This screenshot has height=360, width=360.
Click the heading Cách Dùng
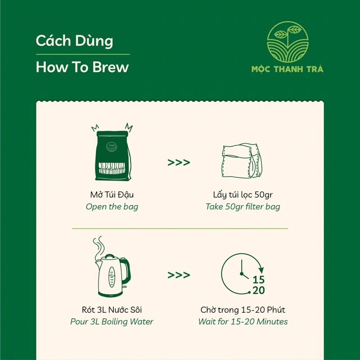point(74,41)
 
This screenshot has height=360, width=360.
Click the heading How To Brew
point(82,67)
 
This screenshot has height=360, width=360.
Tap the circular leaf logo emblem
point(288,42)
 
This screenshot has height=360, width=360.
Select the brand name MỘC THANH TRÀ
point(287,69)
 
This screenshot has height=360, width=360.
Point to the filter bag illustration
point(242,161)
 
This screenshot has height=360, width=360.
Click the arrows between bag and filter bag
point(179,162)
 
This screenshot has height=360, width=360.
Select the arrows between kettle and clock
point(179,275)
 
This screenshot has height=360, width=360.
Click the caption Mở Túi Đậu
point(112,195)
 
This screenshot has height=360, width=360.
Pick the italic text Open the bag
point(112,207)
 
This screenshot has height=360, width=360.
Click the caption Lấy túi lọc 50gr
point(243,195)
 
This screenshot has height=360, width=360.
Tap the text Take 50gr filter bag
point(243,207)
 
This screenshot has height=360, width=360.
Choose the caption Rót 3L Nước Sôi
point(112,310)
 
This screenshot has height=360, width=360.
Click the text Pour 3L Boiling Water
point(112,322)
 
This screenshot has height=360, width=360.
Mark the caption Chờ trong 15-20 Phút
point(243,310)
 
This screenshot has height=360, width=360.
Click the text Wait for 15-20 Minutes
point(243,321)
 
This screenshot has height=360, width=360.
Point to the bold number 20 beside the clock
point(258,290)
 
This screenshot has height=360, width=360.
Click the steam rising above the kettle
point(99,247)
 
